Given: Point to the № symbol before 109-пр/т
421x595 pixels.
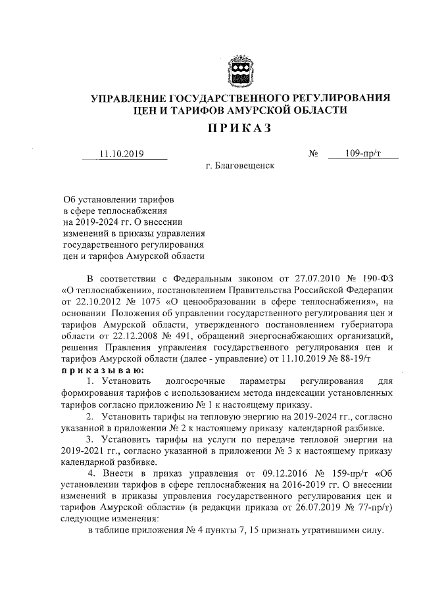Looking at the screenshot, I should pyautogui.click(x=313, y=155).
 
